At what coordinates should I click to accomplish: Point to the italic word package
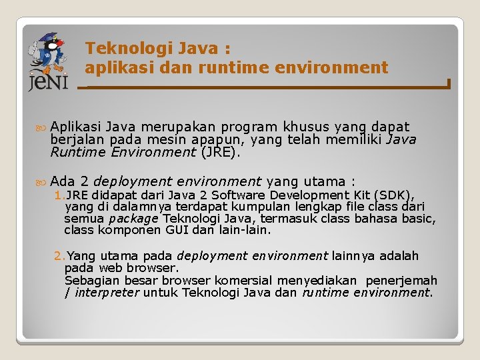[x=133, y=219]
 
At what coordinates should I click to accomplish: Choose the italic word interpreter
[x=107, y=293]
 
